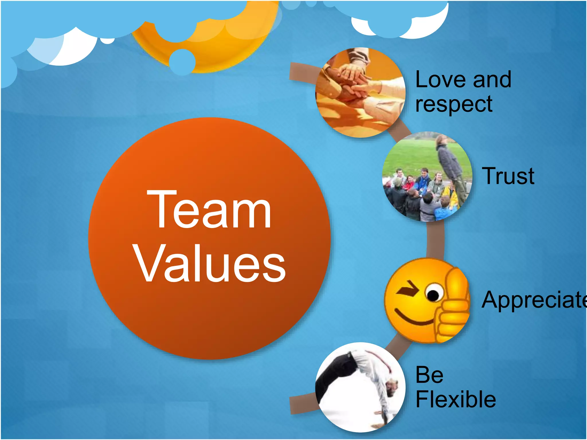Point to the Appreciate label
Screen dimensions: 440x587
click(533, 300)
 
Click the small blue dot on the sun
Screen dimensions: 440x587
click(182, 62)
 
